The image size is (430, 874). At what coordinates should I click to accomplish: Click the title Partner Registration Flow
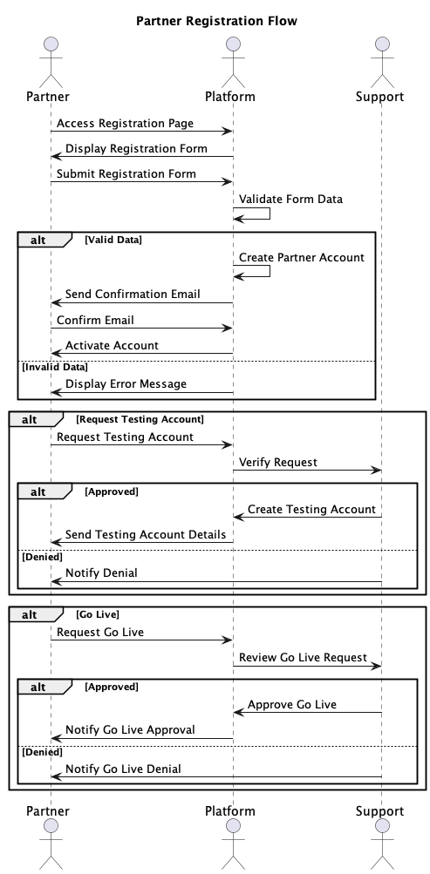pos(216,21)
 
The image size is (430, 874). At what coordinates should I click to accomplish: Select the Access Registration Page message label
pos(125,124)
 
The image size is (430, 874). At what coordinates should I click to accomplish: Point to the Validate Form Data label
pos(290,200)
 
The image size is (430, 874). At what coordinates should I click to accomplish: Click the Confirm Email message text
pos(95,320)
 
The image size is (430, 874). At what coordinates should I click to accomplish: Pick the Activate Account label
pos(112,345)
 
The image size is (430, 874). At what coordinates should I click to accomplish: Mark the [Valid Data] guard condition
pos(113,239)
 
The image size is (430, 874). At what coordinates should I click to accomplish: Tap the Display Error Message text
pos(126,383)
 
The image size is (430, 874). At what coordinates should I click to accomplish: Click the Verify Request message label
pos(278,462)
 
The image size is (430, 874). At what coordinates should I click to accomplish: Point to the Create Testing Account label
pos(311,509)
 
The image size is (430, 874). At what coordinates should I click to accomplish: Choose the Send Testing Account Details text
pos(146,534)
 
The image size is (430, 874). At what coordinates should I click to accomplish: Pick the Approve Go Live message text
pos(292,704)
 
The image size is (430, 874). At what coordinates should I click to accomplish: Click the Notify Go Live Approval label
pos(130,729)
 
